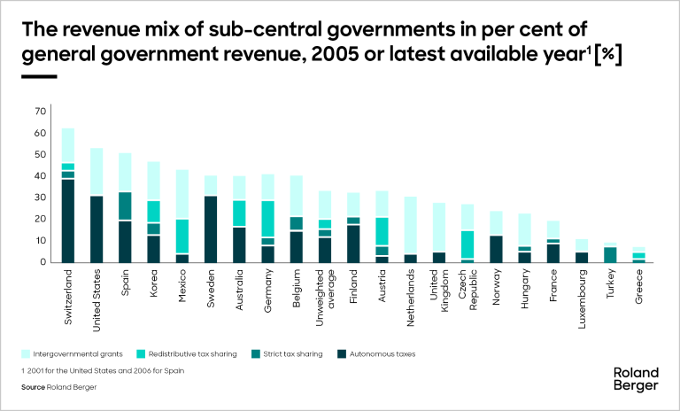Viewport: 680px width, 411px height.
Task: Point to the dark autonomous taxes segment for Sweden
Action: click(x=211, y=229)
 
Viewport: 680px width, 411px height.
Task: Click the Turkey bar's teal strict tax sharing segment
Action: click(x=610, y=254)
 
